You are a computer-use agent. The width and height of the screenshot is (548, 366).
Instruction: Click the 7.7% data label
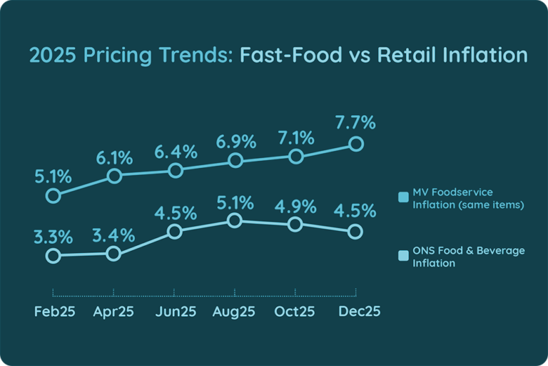(355, 122)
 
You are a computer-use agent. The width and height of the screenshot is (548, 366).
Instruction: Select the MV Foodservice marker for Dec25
(356, 144)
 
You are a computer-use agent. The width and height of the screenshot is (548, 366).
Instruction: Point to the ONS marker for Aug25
(235, 221)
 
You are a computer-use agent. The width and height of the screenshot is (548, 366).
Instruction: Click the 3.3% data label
(53, 235)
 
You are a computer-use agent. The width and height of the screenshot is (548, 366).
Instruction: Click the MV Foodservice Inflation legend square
(403, 194)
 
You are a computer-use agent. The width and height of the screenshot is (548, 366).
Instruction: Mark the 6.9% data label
(235, 141)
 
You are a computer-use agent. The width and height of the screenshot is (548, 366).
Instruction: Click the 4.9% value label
(295, 205)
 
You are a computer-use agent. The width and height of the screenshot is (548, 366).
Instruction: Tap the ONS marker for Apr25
(113, 253)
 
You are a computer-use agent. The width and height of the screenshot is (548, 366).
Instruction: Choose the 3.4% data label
(113, 233)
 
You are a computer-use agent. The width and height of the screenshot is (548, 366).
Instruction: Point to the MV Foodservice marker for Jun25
(174, 170)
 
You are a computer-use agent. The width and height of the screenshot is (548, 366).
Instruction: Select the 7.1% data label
(295, 136)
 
